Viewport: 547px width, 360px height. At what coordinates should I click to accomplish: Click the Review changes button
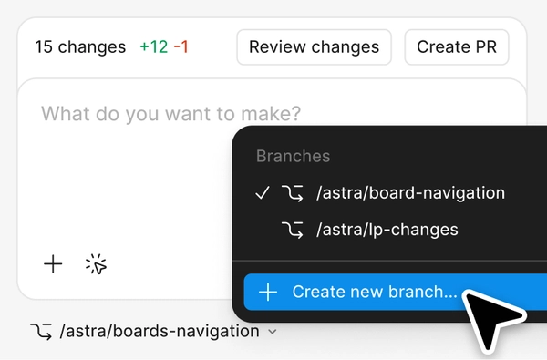click(314, 47)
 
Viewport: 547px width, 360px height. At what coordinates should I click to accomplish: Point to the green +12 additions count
click(154, 46)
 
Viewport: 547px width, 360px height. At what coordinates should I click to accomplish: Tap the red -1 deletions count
click(181, 46)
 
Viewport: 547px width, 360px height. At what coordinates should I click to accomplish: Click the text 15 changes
click(80, 47)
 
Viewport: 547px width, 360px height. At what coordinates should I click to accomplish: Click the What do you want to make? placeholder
click(171, 114)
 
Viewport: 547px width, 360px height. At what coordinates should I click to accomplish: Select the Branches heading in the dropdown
click(293, 156)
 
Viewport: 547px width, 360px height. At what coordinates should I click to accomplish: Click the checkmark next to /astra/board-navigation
click(263, 192)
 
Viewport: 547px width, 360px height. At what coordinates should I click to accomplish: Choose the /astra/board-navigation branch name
click(410, 193)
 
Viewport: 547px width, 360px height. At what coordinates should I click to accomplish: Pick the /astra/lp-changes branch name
click(387, 230)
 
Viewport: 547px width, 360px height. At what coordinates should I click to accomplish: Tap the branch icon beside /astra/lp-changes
click(293, 230)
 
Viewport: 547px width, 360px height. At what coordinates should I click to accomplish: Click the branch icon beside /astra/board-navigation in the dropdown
click(293, 193)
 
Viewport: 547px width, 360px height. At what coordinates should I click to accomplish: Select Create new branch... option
click(375, 292)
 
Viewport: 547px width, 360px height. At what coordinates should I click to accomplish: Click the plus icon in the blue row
click(268, 292)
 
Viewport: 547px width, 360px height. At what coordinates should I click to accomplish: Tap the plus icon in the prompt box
click(53, 263)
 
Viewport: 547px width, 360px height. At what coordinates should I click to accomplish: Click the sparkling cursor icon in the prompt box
click(96, 264)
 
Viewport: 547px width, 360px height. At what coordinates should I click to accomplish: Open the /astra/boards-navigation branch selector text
click(160, 331)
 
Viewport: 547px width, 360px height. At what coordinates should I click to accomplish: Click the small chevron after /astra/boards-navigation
click(273, 332)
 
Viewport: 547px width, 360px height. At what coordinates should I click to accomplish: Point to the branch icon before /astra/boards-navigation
click(41, 331)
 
